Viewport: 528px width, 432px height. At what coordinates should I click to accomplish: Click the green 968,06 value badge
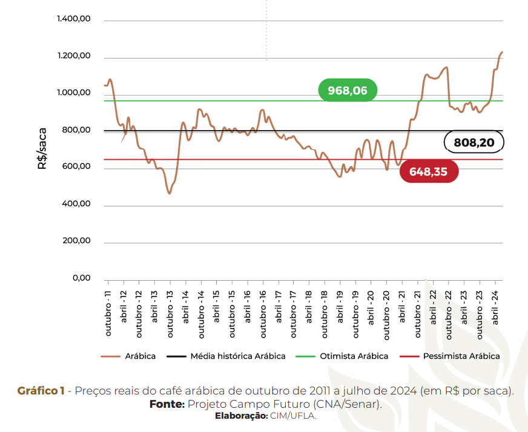[348, 91]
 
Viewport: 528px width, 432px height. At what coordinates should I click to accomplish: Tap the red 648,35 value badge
[429, 172]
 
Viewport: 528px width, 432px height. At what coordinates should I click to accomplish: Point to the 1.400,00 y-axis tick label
[74, 19]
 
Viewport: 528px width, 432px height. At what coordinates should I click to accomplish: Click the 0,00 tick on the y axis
[81, 279]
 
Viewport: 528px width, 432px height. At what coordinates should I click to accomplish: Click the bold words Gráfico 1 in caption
[41, 391]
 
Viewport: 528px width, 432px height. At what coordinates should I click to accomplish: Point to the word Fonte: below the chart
[167, 404]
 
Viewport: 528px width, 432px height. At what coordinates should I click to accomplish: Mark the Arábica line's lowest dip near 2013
[170, 193]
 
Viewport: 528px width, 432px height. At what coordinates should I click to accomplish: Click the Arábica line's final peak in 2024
[503, 53]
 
